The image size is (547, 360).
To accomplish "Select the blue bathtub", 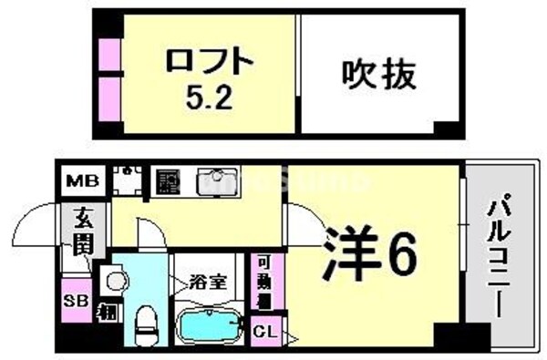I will pos(212,323).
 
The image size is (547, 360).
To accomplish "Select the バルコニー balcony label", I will pos(498,254).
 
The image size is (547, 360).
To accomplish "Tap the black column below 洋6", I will pos(449,334).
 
